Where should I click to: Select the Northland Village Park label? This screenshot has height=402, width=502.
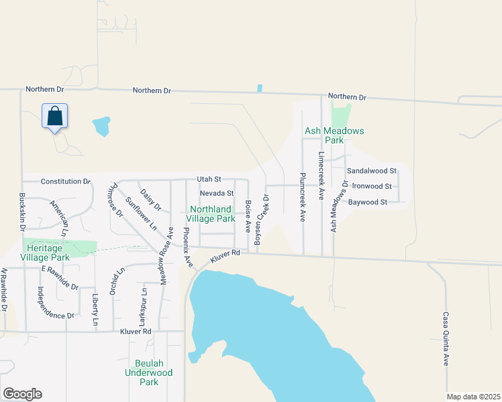[211, 214]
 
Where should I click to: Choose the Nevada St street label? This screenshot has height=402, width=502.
[216, 193]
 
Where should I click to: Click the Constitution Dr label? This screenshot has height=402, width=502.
[65, 182]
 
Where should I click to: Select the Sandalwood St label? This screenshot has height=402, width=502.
[372, 172]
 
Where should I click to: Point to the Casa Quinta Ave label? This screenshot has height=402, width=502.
[445, 338]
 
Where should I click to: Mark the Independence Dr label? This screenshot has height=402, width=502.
[55, 302]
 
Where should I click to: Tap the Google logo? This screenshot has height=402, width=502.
[22, 394]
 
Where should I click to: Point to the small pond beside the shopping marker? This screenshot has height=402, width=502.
[101, 125]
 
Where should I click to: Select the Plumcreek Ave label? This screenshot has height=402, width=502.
[303, 198]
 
